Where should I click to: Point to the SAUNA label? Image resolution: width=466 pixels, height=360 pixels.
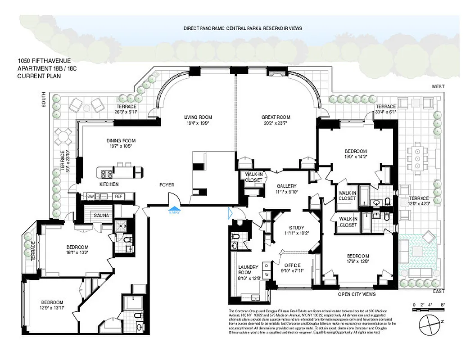101,216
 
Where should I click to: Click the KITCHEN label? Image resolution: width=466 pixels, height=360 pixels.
109,184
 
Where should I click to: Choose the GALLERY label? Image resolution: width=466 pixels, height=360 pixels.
286,186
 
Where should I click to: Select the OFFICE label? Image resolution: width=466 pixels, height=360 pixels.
292,265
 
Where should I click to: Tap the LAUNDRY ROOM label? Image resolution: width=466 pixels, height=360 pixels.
248,270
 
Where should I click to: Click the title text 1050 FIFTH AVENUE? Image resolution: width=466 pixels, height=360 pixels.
44,61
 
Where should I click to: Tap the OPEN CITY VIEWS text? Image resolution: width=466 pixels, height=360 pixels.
357,294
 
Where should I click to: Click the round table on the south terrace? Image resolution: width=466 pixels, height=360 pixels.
64,135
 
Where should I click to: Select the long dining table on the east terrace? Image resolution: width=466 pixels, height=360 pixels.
417,158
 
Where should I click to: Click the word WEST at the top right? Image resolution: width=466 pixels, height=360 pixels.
438,86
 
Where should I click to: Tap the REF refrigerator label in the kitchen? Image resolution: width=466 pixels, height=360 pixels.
118,196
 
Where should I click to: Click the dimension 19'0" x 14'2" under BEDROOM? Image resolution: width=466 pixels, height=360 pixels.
356,157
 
